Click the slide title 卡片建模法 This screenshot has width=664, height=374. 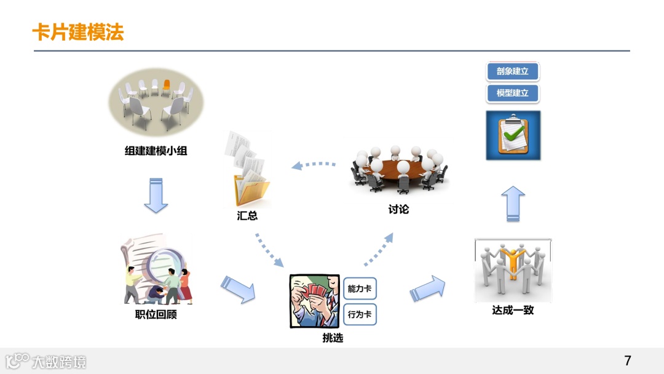pos(78,32)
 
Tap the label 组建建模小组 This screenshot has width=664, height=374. pos(156,151)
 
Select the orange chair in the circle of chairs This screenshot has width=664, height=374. pos(166,86)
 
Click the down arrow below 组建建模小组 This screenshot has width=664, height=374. pos(156,195)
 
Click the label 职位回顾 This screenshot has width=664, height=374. pos(156,315)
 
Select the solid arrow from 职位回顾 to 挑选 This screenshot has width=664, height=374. pos(238,289)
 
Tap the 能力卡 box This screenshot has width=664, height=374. pos(360,288)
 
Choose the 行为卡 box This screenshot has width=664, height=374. pos(360,314)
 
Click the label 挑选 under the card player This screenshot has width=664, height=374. pos(333,338)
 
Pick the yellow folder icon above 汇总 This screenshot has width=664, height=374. pos(251,191)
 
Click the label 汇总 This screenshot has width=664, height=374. pos(247,216)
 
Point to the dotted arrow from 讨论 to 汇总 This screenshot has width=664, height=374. pos(314,165)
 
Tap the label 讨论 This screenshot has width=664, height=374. pos(398,210)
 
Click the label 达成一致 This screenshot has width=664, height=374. pos(513,310)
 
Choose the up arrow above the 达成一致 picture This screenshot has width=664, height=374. pos(513,203)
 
